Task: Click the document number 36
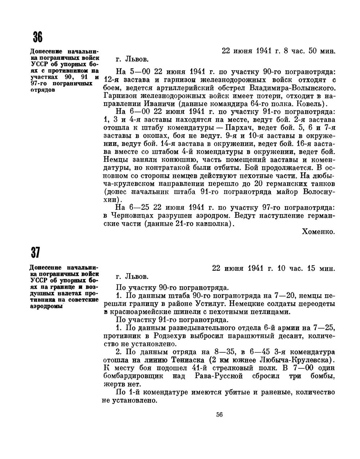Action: (38, 37)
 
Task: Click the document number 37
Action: (35, 253)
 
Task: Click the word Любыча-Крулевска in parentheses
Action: (293, 360)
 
